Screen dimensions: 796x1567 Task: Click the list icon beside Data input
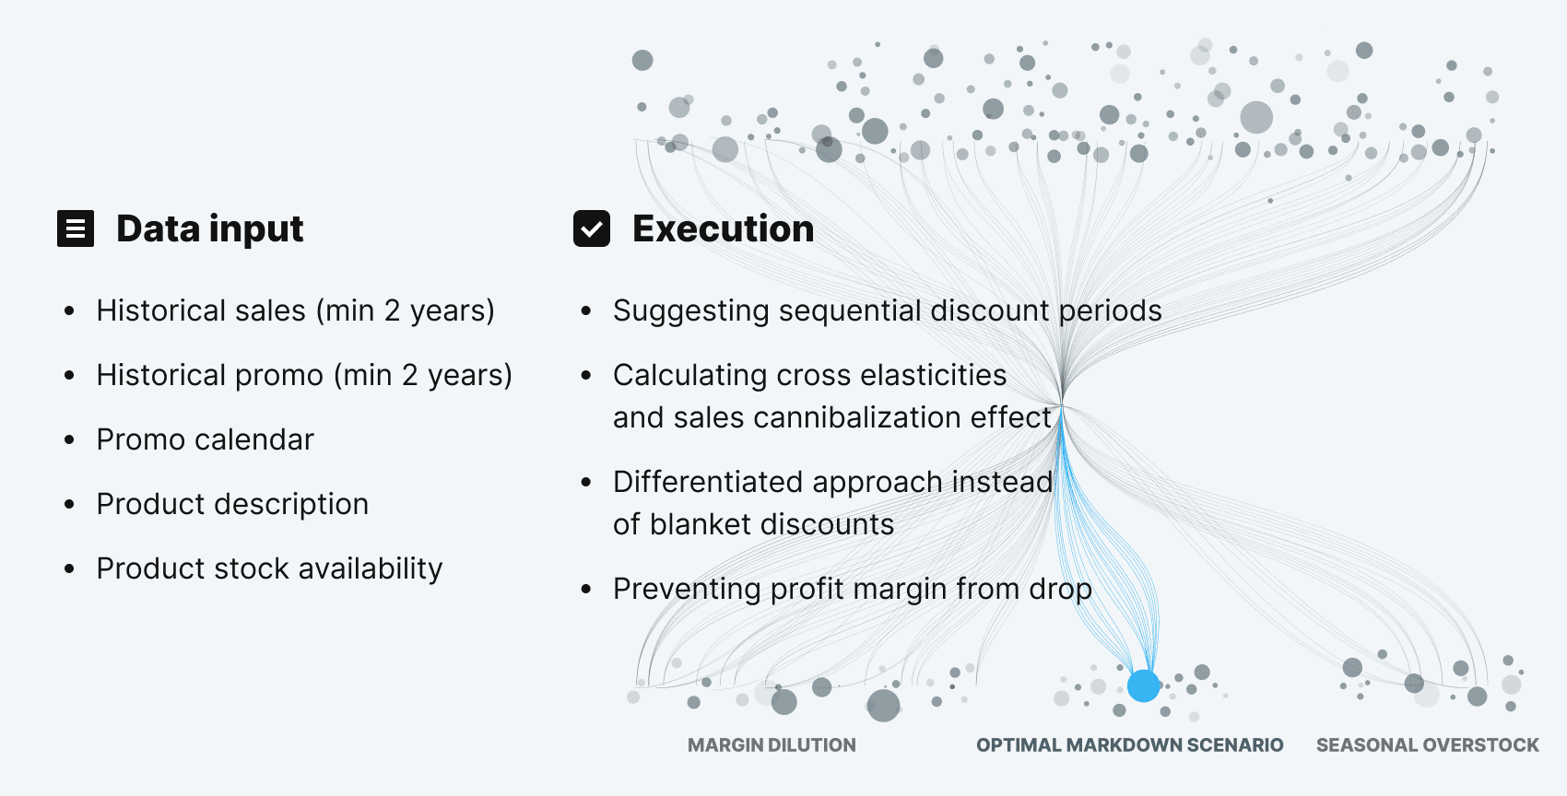(76, 228)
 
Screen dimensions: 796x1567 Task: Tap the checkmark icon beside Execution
(592, 228)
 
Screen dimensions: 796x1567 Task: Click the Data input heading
(209, 228)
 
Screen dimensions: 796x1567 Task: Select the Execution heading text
(723, 228)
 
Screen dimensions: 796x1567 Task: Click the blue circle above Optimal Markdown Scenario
(1143, 685)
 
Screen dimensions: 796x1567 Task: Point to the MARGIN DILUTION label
(772, 744)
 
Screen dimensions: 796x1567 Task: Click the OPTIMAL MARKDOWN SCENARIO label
(1129, 744)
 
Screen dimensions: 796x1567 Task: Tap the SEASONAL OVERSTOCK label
(1427, 744)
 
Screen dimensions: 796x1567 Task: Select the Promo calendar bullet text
(205, 439)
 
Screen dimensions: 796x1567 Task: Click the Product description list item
(232, 504)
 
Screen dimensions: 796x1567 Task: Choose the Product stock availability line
(269, 568)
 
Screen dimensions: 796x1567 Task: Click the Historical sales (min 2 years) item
(295, 310)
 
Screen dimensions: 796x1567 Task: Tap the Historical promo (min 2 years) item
(304, 375)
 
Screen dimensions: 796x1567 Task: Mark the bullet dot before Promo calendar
(69, 440)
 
